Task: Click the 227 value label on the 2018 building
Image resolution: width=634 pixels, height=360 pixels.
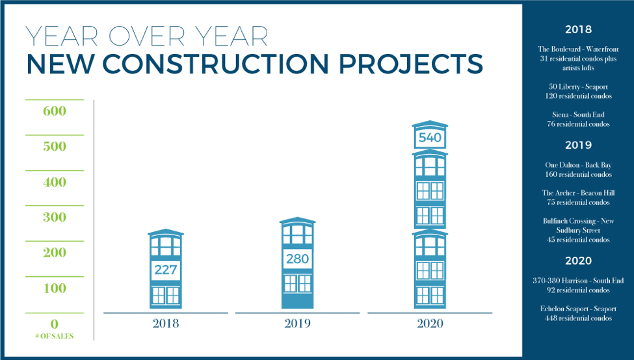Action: point(165,270)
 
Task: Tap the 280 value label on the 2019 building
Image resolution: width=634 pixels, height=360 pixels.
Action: point(297,259)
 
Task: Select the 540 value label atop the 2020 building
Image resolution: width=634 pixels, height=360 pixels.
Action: point(430,138)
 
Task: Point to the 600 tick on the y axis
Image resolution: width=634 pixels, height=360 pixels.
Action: point(55,111)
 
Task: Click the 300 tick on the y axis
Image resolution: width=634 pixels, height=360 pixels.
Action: point(55,218)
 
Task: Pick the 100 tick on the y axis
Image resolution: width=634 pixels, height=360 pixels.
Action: point(55,289)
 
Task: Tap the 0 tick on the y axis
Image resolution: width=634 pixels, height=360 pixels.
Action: point(55,324)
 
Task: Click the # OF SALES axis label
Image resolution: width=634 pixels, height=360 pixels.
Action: point(55,336)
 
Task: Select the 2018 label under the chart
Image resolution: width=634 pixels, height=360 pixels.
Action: point(166,323)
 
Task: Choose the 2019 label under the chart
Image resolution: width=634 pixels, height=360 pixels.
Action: point(298,323)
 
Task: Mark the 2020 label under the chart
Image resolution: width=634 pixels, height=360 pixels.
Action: point(430,323)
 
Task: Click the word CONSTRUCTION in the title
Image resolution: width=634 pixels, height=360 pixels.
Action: point(216,64)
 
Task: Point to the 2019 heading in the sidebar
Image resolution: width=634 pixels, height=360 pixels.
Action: point(578,145)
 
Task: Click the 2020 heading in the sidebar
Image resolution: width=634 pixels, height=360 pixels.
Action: point(578,261)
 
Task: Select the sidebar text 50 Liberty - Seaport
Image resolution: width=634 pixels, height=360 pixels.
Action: point(578,87)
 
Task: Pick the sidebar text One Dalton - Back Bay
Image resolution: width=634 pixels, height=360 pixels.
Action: point(578,165)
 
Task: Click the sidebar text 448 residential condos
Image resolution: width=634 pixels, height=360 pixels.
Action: point(578,318)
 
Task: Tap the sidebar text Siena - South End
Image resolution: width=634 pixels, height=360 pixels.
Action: point(578,115)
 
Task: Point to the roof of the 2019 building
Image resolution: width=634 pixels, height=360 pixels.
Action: point(298,220)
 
